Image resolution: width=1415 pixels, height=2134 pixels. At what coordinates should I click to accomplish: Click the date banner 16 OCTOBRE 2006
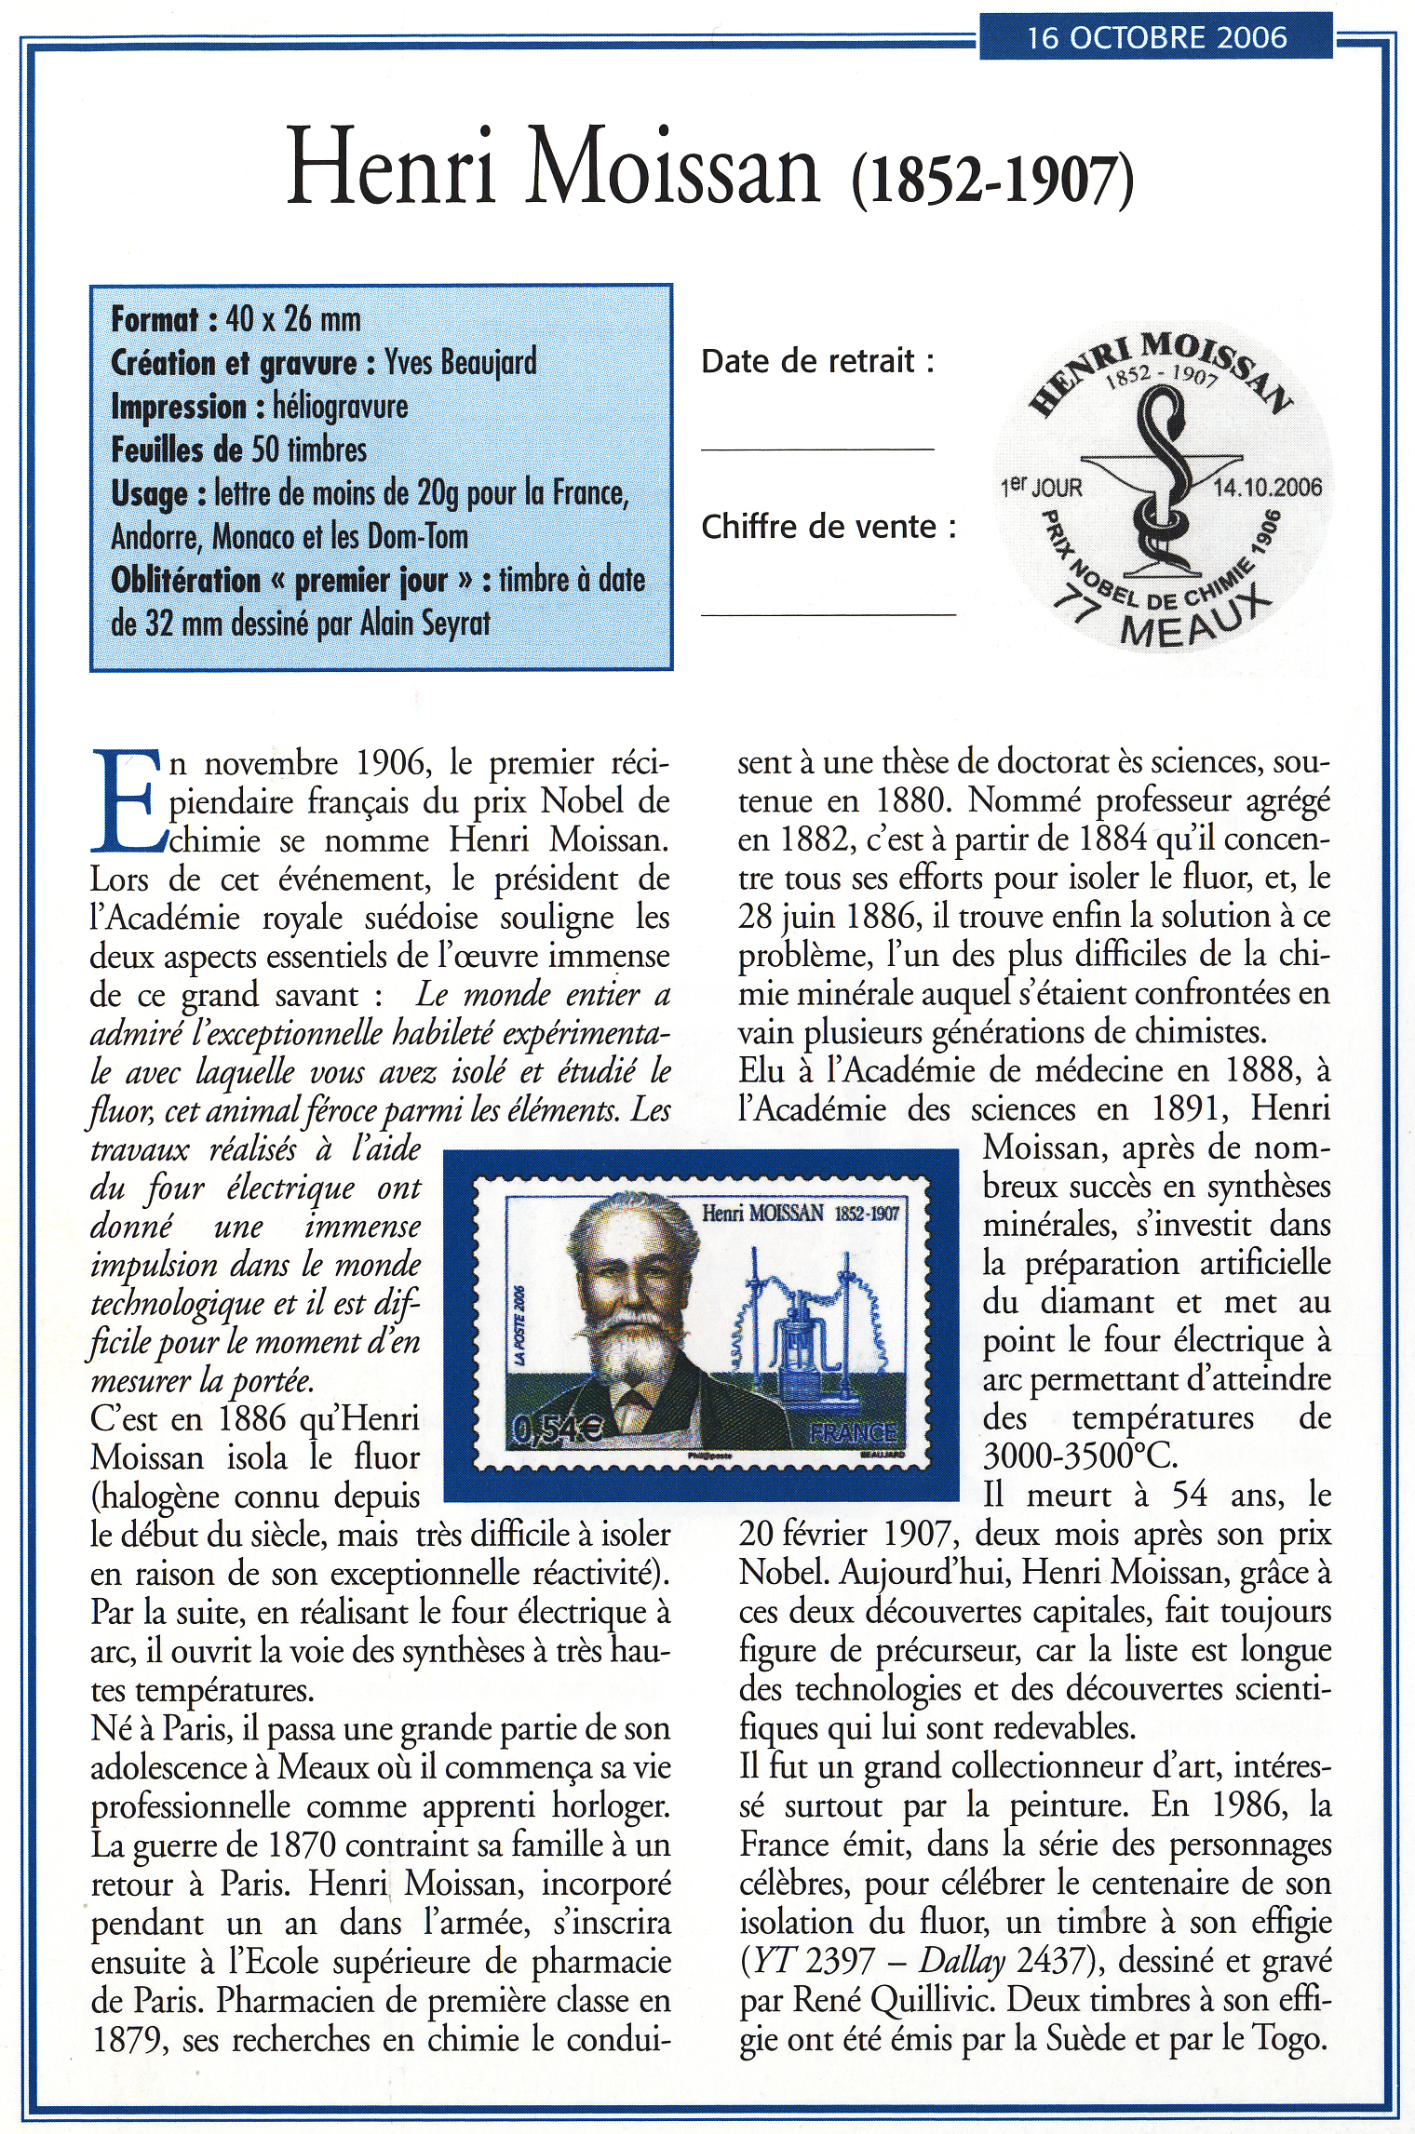pyautogui.click(x=1155, y=37)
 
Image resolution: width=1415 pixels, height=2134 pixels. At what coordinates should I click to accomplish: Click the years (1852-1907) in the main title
pyautogui.click(x=992, y=181)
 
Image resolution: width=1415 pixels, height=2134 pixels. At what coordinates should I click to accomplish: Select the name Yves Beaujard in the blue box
pyautogui.click(x=461, y=362)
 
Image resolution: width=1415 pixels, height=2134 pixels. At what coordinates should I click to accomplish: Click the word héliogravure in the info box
pyautogui.click(x=340, y=407)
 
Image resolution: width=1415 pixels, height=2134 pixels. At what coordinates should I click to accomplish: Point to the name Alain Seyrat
pyautogui.click(x=424, y=623)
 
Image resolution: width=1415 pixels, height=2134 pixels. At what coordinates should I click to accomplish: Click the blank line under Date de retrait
pyautogui.click(x=816, y=449)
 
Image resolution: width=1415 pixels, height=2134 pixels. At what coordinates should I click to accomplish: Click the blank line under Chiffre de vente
pyautogui.click(x=828, y=613)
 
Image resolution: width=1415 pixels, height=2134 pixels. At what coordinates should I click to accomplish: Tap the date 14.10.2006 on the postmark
pyautogui.click(x=1267, y=488)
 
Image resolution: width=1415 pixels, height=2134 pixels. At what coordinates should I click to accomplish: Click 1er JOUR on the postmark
pyautogui.click(x=1041, y=488)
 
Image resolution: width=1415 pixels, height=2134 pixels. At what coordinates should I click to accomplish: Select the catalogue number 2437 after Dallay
pyautogui.click(x=1051, y=1961)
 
